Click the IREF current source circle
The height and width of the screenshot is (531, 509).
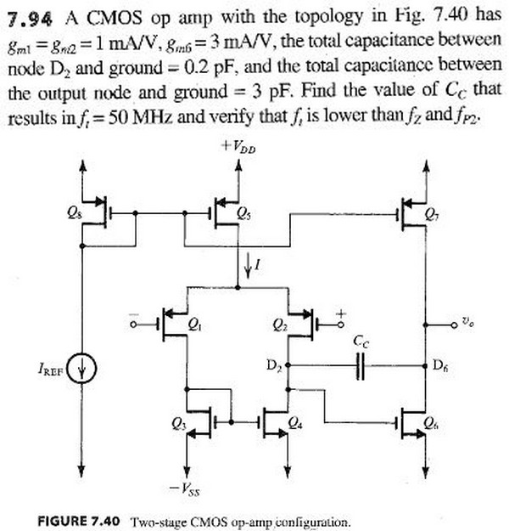point(82,370)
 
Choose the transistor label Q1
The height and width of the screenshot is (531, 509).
point(193,324)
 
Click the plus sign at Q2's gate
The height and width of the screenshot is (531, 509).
point(341,312)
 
